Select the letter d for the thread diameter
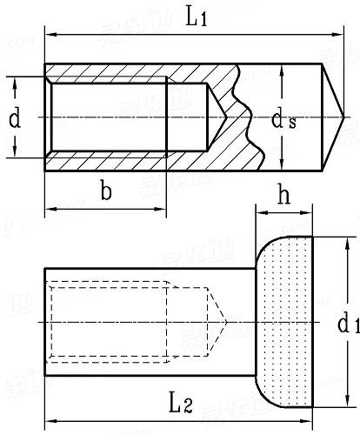(x=15, y=118)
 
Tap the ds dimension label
(x=301, y=120)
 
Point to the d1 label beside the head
(x=346, y=325)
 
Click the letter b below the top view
(x=105, y=192)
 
